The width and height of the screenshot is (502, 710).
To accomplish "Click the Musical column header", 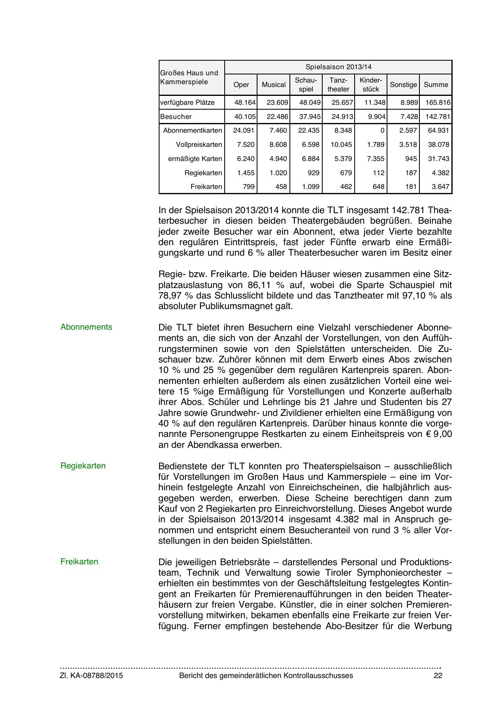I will coord(274,85).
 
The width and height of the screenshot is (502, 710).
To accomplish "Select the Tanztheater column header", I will coord(338,85).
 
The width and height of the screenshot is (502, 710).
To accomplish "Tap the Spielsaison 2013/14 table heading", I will coord(338,67).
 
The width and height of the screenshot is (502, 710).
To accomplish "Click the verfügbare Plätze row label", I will coord(187,103).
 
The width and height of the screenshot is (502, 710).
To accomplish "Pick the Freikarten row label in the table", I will coord(206,187).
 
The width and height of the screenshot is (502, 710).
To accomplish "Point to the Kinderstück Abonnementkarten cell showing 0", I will coord(382,131).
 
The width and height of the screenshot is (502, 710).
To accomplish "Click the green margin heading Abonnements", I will coord(86,327).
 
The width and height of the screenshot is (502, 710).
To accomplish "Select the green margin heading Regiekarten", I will coord(83,466).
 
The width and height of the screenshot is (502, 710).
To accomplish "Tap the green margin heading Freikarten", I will coord(79,562).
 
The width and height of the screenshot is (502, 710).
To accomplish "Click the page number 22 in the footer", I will coord(438,676).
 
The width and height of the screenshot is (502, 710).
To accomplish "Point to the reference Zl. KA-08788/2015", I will coord(91,676).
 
